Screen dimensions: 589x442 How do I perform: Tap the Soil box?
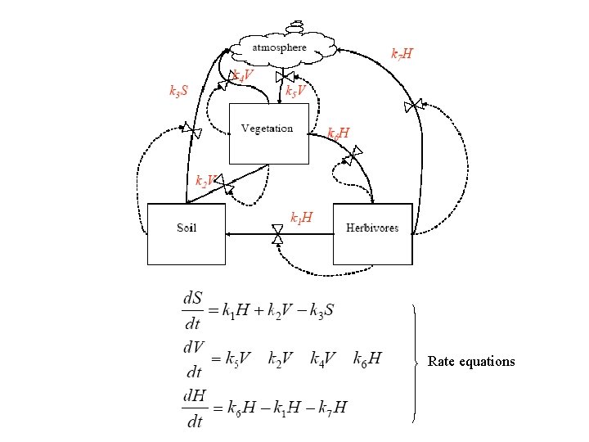(186, 233)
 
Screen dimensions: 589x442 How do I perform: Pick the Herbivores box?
(372, 233)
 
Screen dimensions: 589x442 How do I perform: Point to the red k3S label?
(178, 90)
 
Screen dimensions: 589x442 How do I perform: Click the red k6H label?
(339, 133)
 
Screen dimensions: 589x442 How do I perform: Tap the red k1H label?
(301, 219)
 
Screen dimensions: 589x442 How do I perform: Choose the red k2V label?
(206, 180)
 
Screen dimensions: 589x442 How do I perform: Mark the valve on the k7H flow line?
(414, 106)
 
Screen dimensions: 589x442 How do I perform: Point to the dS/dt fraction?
(194, 310)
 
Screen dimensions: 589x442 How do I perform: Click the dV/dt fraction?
(194, 359)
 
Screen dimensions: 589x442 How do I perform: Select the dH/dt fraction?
(194, 408)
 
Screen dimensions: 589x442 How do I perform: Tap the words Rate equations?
(471, 361)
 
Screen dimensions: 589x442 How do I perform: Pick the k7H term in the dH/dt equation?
(335, 408)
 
